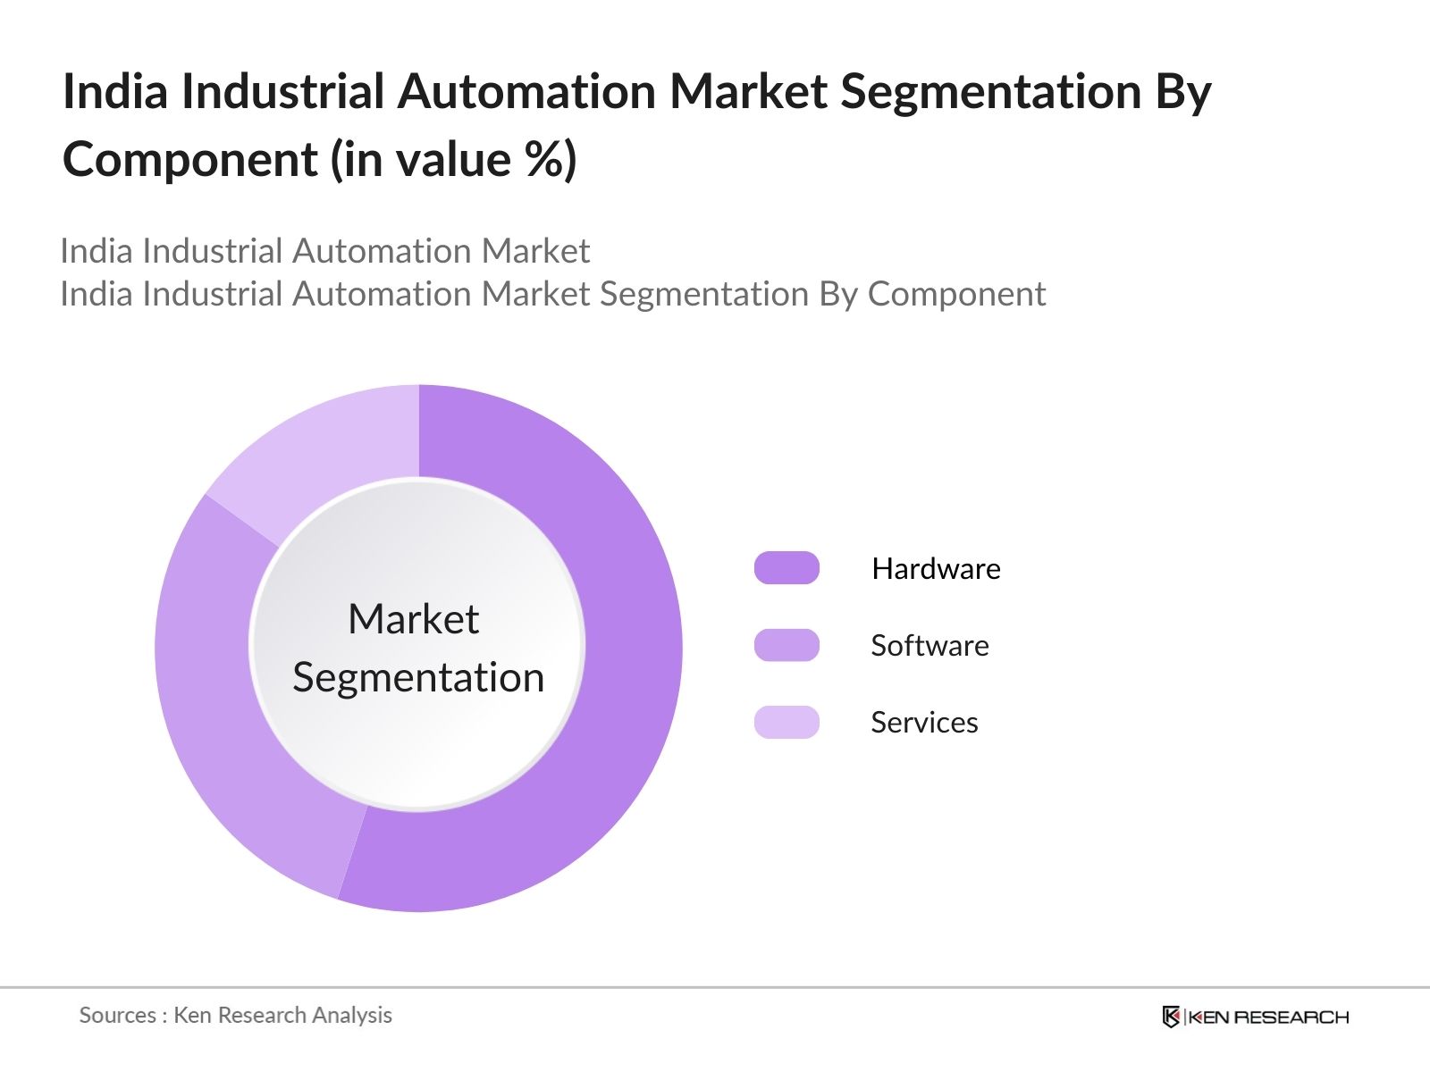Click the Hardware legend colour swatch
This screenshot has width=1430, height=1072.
pos(786,568)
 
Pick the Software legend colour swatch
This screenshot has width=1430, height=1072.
pos(786,645)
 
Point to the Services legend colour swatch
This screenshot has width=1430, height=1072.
pos(786,722)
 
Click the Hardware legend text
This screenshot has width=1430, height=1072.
pos(936,568)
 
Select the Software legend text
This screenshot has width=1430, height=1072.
pos(929,645)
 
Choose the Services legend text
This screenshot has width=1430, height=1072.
pos(924,722)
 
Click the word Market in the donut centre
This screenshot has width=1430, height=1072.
pos(413,619)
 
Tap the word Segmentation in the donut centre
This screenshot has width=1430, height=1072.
pos(418,677)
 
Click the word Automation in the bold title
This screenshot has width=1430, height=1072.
pos(527,91)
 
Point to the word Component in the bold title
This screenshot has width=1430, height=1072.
pos(189,159)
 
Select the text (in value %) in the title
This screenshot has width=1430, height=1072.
pos(454,159)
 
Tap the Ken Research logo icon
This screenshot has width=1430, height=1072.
pos(1171,1017)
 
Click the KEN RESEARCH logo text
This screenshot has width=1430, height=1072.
pos(1267,1017)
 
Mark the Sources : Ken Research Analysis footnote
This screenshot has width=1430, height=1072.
pos(235,1015)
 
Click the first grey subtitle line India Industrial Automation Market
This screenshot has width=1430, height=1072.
pos(324,251)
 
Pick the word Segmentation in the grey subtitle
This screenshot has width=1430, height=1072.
pos(703,294)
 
